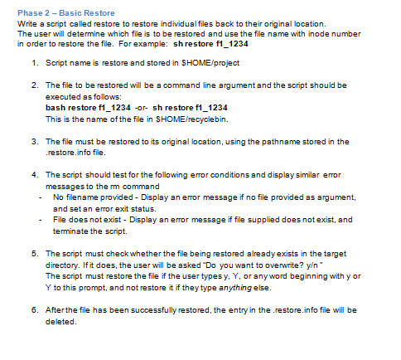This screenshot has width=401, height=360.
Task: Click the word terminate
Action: point(69,230)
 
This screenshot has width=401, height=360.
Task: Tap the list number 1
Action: point(32,63)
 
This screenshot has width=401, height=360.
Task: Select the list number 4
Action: point(32,175)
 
